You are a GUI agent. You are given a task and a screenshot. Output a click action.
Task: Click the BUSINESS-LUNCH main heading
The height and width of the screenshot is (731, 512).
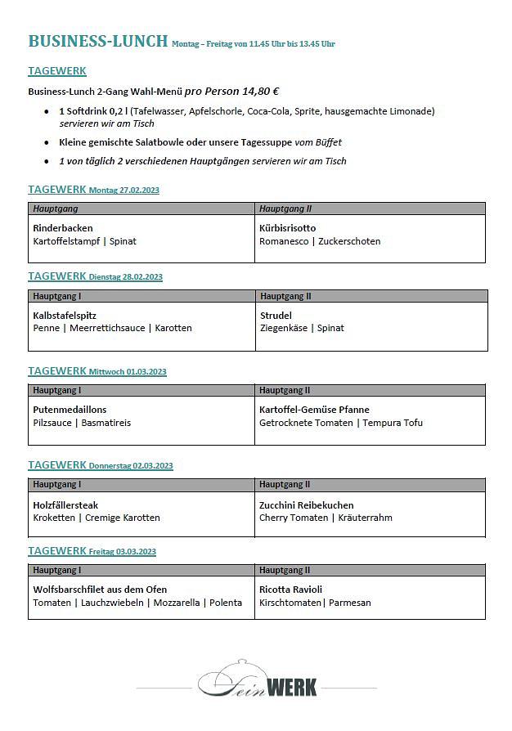pyautogui.click(x=98, y=41)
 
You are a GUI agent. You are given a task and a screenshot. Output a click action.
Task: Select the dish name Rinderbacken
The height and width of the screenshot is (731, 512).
pyautogui.click(x=63, y=228)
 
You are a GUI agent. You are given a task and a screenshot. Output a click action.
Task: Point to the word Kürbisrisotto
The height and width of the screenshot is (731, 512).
pyautogui.click(x=287, y=228)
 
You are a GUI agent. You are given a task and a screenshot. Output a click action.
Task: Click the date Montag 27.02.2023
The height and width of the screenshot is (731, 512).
pyautogui.click(x=124, y=191)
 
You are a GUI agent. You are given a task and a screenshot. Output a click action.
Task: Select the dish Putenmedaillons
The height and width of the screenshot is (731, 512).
pyautogui.click(x=70, y=410)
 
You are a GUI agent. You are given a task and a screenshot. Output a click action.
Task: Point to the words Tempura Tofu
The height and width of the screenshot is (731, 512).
pyautogui.click(x=393, y=423)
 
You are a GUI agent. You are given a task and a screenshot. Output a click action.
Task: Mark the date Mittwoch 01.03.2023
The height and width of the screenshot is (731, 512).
pyautogui.click(x=128, y=372)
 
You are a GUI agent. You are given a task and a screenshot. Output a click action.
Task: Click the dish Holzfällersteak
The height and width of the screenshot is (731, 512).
pyautogui.click(x=65, y=505)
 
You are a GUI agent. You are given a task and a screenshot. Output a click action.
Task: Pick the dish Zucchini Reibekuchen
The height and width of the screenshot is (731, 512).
pyautogui.click(x=306, y=505)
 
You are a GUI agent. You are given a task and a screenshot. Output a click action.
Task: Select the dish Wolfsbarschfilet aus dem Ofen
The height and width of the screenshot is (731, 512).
pyautogui.click(x=100, y=590)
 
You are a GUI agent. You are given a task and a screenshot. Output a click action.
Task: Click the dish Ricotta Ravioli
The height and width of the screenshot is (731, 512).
pyautogui.click(x=290, y=590)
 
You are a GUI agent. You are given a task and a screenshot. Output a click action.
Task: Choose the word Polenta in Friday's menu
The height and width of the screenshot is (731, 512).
pyautogui.click(x=225, y=603)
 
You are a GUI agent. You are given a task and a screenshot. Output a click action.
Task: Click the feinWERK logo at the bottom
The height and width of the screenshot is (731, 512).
pyautogui.click(x=257, y=681)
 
